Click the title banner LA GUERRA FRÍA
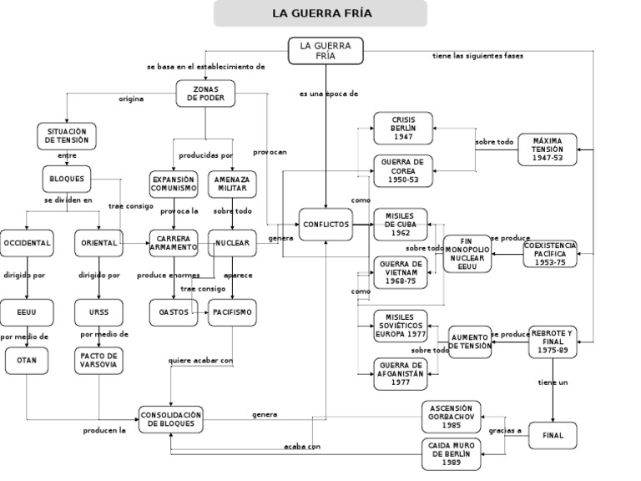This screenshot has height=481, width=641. coord(320,13)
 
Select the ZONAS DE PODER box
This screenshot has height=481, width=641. coord(205,93)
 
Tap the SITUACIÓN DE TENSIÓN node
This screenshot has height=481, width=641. coord(67,135)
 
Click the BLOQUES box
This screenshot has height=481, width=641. coord(67,179)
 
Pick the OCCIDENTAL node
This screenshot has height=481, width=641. coord(27,243)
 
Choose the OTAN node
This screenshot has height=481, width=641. coord(27,360)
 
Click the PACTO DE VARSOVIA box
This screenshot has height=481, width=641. coord(98,360)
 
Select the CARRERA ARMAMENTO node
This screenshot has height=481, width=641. coord(174,243)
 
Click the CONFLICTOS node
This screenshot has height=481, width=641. coord(326,225)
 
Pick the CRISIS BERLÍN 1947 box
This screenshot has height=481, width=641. coord(403,128)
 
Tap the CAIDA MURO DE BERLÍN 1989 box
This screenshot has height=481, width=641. coord(453,454)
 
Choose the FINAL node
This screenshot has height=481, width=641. coord(553,435)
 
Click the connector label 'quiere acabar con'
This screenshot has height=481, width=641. coord(200,361)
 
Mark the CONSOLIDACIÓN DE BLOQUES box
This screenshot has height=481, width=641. coord(170,419)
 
